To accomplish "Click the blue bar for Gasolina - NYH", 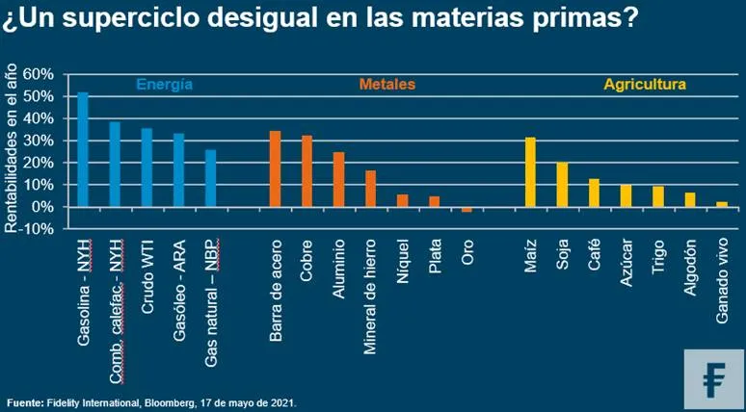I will point(83,149).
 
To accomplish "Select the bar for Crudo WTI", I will point(147,167).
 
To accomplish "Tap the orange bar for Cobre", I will point(306,170).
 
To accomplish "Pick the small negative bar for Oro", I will point(466,209).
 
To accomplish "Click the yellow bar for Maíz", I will point(530,171).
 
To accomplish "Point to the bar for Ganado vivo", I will point(722,204).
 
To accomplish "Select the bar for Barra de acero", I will point(275,168).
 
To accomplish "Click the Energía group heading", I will point(164,85).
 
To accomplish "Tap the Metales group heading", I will point(387,85).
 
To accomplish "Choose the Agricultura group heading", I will point(645,85).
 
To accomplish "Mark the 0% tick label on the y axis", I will point(43,207).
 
